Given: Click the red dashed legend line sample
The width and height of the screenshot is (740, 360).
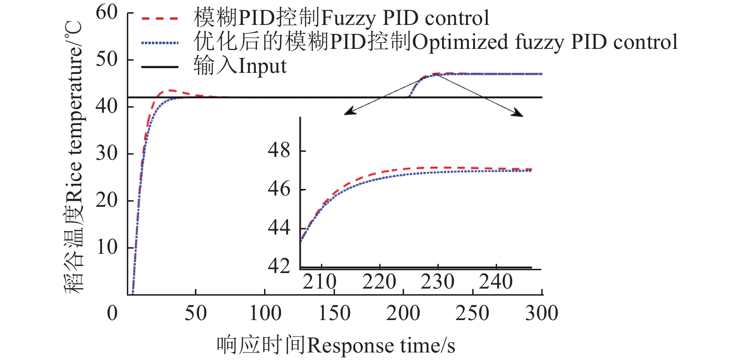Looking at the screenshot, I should [x=159, y=19].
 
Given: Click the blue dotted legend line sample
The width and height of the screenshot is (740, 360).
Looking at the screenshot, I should [x=159, y=43].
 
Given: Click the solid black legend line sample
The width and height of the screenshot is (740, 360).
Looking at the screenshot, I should [x=159, y=67].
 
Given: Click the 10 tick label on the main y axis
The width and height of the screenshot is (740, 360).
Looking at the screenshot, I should [x=107, y=247].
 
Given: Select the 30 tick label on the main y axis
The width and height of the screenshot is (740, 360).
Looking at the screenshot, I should [x=107, y=153].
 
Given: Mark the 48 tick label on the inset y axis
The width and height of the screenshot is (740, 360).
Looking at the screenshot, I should [x=279, y=150].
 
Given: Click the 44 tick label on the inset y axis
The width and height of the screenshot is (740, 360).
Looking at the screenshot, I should [x=279, y=228].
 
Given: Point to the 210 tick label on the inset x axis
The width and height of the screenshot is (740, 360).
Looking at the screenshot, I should [x=319, y=282].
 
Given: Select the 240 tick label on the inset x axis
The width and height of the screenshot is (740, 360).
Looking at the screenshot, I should [x=495, y=282].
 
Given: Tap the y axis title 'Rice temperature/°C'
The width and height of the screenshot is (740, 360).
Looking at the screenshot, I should [x=74, y=157].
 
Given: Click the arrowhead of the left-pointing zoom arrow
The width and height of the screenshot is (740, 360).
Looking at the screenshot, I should [x=347, y=113].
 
